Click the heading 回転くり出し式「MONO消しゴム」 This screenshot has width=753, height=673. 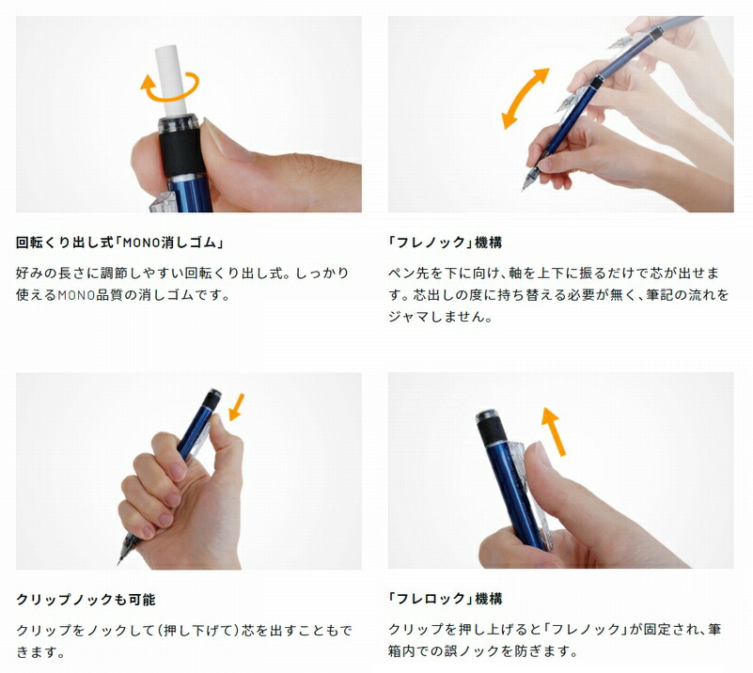119,242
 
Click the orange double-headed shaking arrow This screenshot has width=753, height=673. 525,98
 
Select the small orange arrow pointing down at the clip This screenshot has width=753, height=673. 235,406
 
